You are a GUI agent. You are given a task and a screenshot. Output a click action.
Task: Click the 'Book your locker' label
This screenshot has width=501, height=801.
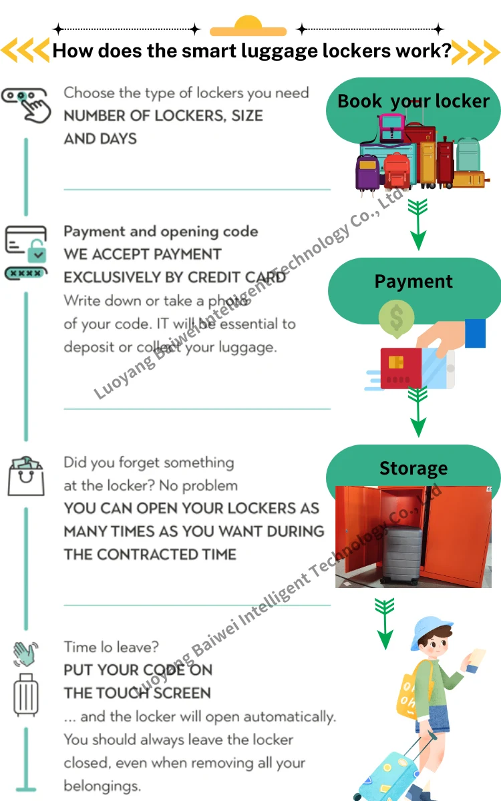pyautogui.click(x=413, y=101)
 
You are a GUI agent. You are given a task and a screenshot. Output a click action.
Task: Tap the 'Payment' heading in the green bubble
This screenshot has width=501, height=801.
pyautogui.click(x=413, y=282)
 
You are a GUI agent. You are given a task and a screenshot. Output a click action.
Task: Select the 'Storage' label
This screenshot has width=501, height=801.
pyautogui.click(x=413, y=468)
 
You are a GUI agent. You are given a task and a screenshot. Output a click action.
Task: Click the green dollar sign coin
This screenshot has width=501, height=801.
pyautogui.click(x=396, y=318)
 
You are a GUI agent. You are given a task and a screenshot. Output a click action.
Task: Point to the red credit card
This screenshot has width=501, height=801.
pyautogui.click(x=401, y=368)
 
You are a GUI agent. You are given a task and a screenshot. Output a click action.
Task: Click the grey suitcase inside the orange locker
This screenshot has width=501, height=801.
pyautogui.click(x=402, y=554)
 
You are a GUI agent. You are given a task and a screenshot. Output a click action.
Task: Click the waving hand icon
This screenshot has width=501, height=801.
pyautogui.click(x=25, y=653)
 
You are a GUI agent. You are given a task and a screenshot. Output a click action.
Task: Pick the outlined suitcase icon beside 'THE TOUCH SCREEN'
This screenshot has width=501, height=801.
pyautogui.click(x=26, y=695)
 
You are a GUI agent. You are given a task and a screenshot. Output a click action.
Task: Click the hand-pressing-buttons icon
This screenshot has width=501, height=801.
pyautogui.click(x=27, y=105)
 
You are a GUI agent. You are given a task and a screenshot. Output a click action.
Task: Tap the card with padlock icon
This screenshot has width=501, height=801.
pyautogui.click(x=26, y=244)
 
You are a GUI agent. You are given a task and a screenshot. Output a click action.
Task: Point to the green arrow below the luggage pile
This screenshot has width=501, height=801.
pyautogui.click(x=417, y=224)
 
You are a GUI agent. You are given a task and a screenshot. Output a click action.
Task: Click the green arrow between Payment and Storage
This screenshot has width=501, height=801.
pyautogui.click(x=417, y=412)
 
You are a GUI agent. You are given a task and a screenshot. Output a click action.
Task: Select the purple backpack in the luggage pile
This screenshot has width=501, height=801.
pyautogui.click(x=367, y=172)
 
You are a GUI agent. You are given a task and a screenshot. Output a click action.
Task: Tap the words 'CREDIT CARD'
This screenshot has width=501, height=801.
pyautogui.click(x=237, y=278)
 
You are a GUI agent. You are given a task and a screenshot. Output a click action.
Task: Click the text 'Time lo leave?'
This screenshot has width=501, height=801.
pyautogui.click(x=112, y=647)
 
